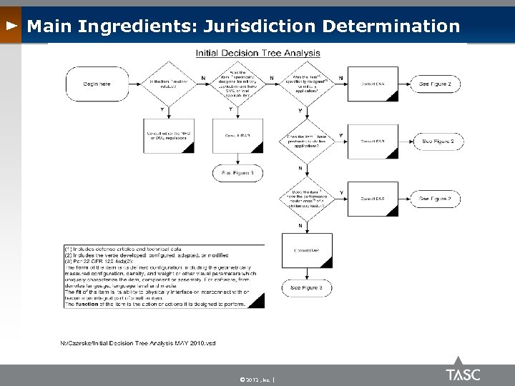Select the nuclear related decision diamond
[170, 85]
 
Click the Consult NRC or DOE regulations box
[169, 136]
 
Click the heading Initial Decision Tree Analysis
[258, 52]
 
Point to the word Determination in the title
[391, 26]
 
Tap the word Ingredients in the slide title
[137, 26]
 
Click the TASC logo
[463, 374]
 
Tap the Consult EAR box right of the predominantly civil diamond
[373, 142]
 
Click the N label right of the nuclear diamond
[205, 77]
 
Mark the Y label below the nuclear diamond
[163, 109]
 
